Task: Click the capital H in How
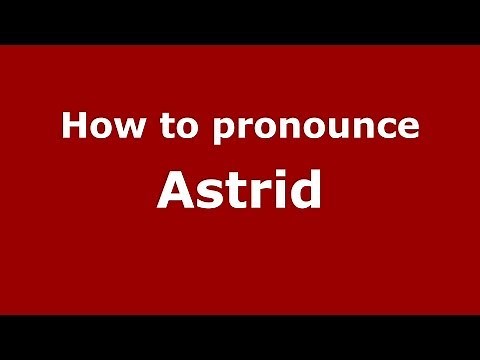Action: coord(72,128)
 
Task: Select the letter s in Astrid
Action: coord(203,193)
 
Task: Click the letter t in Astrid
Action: coord(226,190)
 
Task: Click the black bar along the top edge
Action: coord(240,21)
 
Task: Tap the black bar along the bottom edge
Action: coord(240,337)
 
